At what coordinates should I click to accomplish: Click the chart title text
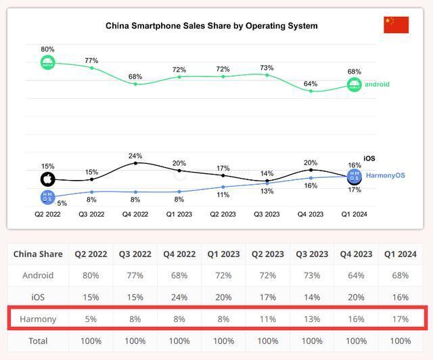coord(211,26)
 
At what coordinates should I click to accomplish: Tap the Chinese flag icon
coord(396,25)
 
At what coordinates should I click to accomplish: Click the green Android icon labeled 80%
coord(47,63)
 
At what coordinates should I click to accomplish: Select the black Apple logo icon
coord(47,179)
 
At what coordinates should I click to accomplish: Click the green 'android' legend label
coord(377,85)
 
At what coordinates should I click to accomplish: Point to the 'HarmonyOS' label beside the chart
coord(385,176)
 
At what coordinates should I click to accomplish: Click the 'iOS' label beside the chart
coord(369,158)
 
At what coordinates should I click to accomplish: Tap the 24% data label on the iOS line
coord(135,156)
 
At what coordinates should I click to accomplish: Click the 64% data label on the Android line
coord(311,84)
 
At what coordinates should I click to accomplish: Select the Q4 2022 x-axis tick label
coord(135,215)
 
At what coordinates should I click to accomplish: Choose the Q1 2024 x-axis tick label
coord(354,215)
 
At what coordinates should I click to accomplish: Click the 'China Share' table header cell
coord(38,254)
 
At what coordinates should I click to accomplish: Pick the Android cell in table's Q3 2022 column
coord(135,275)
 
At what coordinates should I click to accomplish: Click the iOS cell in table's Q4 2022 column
coord(179,297)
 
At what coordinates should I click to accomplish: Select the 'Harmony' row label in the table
coord(38,319)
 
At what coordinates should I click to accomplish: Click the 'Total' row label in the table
coord(38,340)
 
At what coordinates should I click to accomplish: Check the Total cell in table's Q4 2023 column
coord(357,340)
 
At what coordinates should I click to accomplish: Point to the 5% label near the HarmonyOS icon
coord(62,203)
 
